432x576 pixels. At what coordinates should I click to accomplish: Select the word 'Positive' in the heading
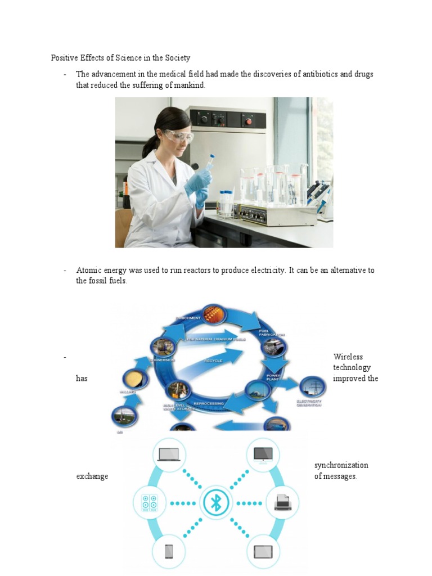click(64, 57)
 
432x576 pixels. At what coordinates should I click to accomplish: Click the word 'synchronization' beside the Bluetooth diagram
click(341, 465)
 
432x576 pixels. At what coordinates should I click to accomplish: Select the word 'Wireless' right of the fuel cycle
click(348, 357)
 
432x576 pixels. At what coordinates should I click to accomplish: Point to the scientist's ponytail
click(150, 145)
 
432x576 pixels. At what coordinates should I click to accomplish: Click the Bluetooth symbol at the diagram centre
click(215, 502)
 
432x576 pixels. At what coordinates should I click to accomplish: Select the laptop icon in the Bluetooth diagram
click(168, 453)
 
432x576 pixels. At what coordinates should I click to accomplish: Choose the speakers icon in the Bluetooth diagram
click(149, 502)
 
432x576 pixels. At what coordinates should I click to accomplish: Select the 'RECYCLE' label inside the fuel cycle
click(213, 361)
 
